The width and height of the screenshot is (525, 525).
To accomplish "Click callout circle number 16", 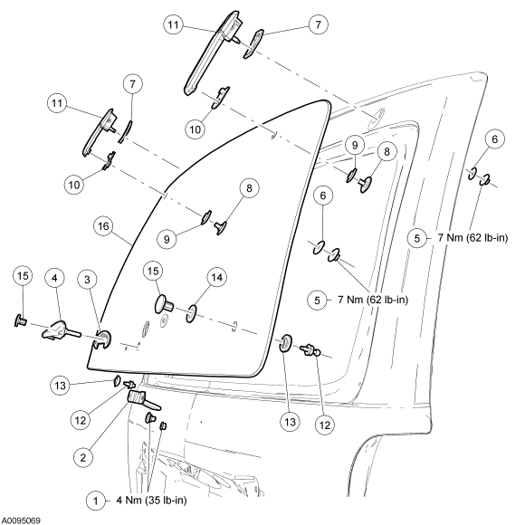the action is (x=103, y=226).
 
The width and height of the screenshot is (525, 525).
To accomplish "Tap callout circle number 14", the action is (x=217, y=277).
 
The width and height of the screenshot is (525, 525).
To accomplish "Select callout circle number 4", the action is (x=55, y=278).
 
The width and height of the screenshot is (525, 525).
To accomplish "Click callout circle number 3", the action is (x=88, y=279).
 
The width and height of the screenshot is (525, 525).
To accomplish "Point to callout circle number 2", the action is (x=83, y=457).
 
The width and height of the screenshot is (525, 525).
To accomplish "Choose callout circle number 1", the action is (x=97, y=501).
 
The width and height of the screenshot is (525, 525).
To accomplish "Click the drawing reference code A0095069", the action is (x=21, y=520).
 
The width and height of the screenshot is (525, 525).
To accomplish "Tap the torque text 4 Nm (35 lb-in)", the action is (x=151, y=501).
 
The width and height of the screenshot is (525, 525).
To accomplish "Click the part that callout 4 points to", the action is (x=61, y=329).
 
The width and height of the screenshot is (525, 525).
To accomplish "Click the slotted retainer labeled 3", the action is (x=102, y=339).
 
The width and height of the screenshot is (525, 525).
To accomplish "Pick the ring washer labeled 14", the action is (x=191, y=314).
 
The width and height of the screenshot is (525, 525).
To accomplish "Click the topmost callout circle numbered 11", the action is (x=174, y=24).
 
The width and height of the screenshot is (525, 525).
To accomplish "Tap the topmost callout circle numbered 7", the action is (x=318, y=24).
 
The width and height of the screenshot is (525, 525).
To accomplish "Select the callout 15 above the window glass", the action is (x=153, y=271).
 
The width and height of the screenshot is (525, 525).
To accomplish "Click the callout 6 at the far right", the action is (x=495, y=139).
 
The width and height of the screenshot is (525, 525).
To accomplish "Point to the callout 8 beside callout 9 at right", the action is (x=387, y=152).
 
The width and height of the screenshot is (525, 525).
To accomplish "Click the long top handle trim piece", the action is (x=213, y=52).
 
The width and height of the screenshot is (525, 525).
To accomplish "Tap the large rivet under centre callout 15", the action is (x=164, y=303).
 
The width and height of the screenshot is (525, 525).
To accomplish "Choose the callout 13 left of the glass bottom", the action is (x=61, y=386).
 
